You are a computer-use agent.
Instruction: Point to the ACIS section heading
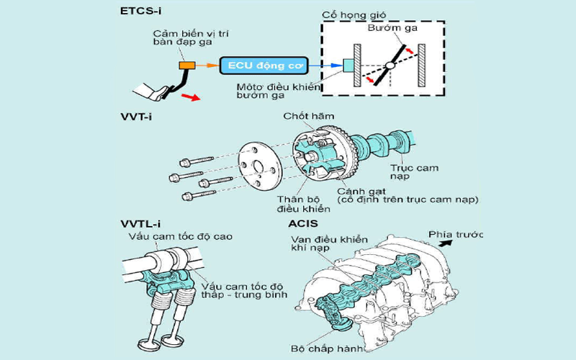[303, 222]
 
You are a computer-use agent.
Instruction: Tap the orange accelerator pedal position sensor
[187, 66]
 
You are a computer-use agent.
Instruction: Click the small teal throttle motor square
[349, 66]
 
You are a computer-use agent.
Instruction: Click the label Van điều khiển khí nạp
[329, 243]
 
